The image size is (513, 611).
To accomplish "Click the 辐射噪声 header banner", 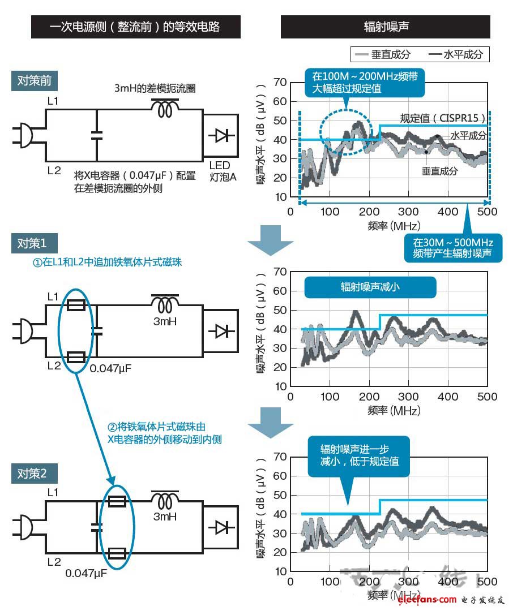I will [386, 27].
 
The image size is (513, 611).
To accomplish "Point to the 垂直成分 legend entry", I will [382, 54].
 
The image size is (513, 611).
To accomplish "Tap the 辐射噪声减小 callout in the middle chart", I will [370, 287].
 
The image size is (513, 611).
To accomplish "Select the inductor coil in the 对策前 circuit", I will [165, 109].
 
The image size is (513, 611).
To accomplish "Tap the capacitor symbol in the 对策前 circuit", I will [97, 135].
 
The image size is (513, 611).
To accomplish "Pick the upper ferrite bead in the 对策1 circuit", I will [75, 305].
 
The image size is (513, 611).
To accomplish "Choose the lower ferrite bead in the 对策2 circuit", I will [117, 553].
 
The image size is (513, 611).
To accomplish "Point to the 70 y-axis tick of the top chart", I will [279, 83].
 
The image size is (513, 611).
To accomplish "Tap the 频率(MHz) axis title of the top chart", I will [394, 226].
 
